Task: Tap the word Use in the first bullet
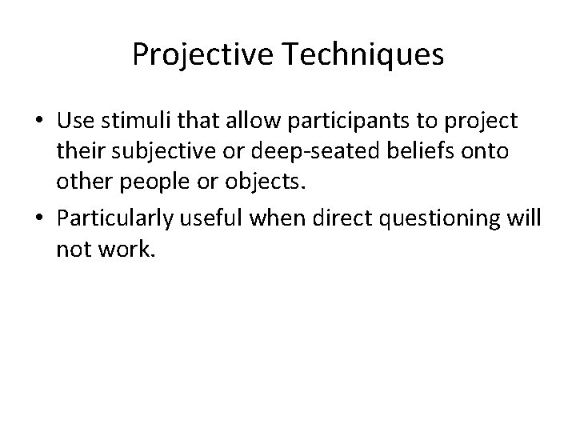[74, 122]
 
